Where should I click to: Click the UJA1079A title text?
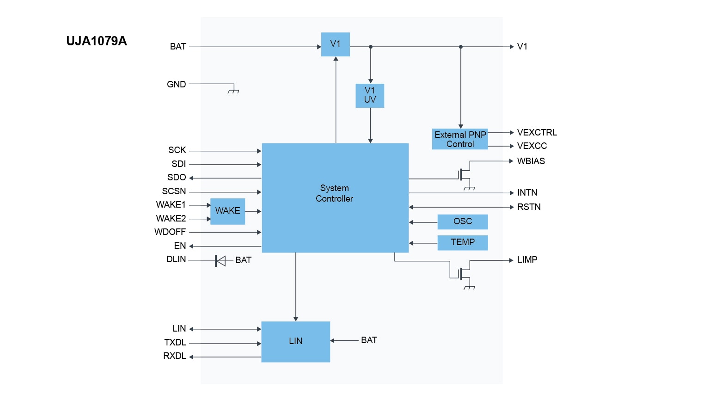(96, 41)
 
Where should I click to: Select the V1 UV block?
(370, 95)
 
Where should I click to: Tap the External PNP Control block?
(460, 139)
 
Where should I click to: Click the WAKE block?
(227, 211)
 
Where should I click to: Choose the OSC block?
(463, 222)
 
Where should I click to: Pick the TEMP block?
(463, 242)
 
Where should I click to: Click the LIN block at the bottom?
(295, 341)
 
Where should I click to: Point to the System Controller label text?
(334, 193)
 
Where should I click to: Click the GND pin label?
(176, 85)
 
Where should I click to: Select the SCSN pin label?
(174, 191)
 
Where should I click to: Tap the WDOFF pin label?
(170, 232)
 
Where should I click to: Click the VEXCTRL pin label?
(537, 133)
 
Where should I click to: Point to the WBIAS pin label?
(531, 161)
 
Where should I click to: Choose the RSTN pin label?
(529, 207)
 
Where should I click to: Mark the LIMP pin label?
(527, 260)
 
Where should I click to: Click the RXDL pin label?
(175, 356)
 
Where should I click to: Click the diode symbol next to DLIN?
(220, 261)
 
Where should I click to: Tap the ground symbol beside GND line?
(233, 91)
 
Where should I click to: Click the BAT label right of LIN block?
(369, 340)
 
